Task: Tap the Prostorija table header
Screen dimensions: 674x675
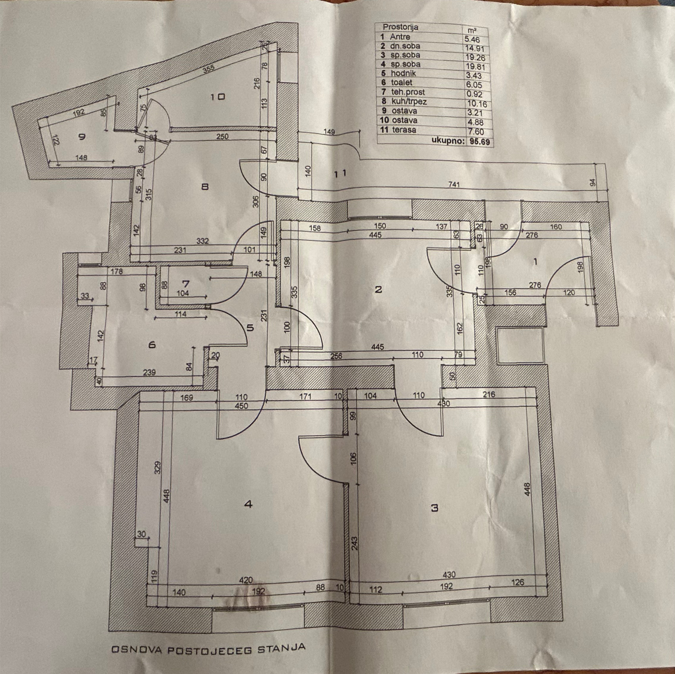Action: pyautogui.click(x=400, y=27)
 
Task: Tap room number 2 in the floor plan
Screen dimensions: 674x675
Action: pyautogui.click(x=378, y=289)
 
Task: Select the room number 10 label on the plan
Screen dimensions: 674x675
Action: pyautogui.click(x=217, y=97)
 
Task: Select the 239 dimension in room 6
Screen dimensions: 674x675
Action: pyautogui.click(x=149, y=373)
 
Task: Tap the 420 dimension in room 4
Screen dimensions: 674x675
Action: pyautogui.click(x=246, y=580)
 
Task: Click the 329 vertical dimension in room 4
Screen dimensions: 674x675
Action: pyautogui.click(x=158, y=467)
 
